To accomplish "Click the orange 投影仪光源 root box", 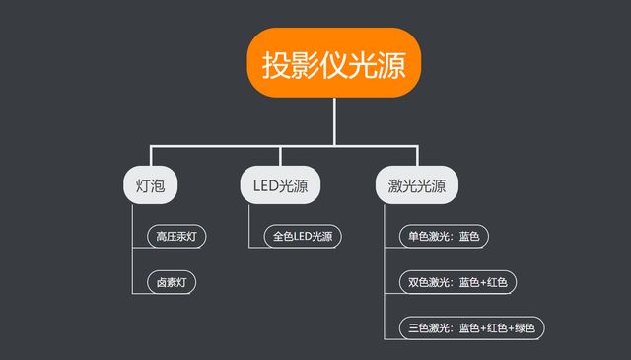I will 334,63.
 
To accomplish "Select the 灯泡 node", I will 150,184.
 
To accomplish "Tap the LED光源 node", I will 280,184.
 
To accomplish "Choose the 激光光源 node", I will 417,184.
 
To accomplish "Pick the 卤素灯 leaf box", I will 171,282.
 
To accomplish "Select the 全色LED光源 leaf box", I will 302,237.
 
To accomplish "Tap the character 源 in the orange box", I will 401,64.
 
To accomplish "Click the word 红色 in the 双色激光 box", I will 497,282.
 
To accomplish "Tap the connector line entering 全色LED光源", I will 257,237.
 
